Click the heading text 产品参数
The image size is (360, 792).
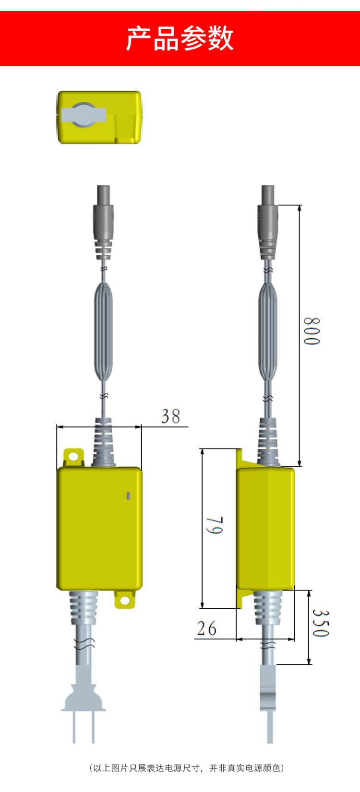(180, 38)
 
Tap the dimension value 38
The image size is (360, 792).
(170, 416)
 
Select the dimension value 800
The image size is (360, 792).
(312, 331)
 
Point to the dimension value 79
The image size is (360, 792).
(215, 526)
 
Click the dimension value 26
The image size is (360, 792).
(206, 628)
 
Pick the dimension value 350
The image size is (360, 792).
(321, 623)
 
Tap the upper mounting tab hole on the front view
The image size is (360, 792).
(73, 456)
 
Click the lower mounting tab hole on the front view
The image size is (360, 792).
(124, 601)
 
